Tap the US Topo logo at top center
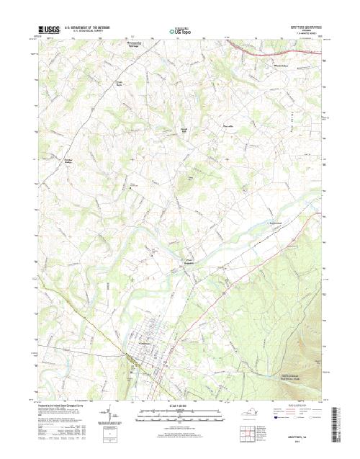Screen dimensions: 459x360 179,31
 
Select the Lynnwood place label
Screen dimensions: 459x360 273,223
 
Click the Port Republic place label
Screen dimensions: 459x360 186,262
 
